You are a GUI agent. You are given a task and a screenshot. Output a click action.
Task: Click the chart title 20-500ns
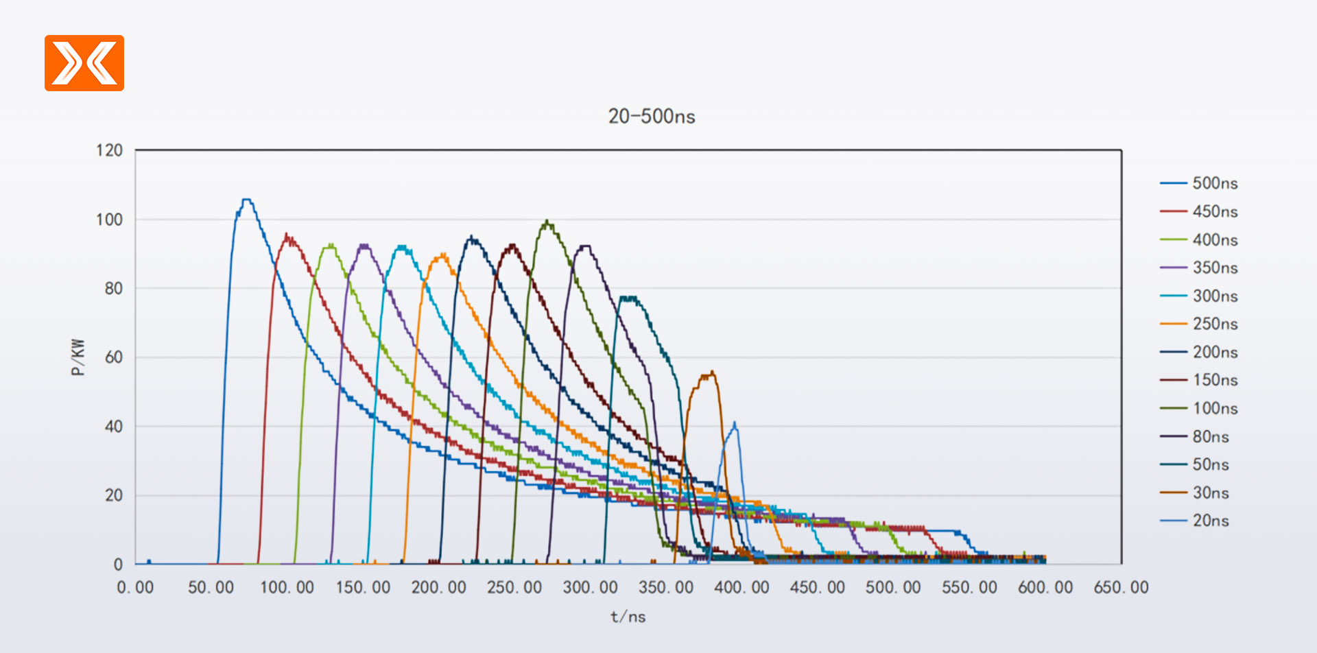click(651, 117)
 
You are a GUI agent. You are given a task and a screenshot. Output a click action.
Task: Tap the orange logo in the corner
click(84, 63)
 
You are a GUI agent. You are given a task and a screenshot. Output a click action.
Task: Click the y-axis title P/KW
click(78, 357)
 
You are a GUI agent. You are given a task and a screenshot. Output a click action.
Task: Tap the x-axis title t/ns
click(628, 617)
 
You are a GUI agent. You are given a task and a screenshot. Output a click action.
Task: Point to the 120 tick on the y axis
click(109, 150)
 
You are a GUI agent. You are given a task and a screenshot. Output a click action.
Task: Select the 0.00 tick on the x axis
click(135, 588)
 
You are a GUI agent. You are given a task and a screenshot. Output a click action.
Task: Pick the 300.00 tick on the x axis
click(590, 588)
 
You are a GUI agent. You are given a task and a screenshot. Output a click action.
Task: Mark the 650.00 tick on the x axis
click(1121, 588)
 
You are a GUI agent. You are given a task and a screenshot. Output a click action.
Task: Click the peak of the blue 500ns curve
click(246, 200)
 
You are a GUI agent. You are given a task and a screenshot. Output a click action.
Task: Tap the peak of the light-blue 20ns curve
click(734, 423)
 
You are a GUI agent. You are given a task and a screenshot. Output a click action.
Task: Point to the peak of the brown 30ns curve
click(711, 372)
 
